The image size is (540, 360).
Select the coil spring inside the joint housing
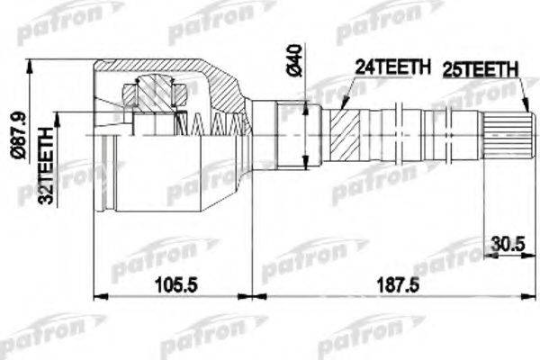217,123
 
